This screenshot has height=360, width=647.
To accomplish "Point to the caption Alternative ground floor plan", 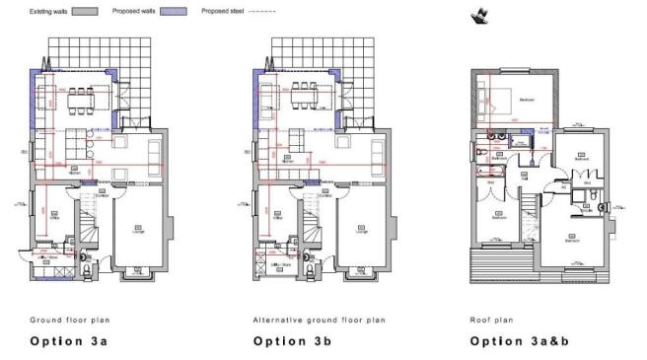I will click(319, 320).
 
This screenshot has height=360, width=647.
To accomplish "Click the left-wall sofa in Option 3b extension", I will click(268, 97).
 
